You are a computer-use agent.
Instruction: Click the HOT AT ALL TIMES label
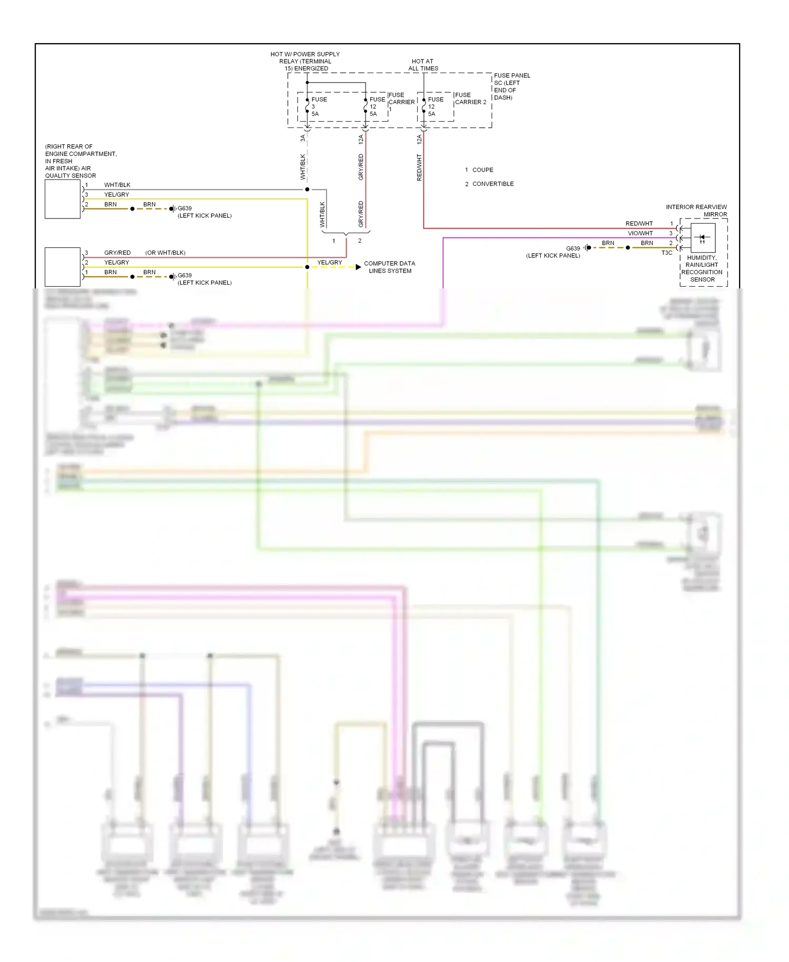(x=423, y=65)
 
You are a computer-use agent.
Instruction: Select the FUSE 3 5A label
(x=318, y=106)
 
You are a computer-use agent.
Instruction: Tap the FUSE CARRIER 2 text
(x=470, y=98)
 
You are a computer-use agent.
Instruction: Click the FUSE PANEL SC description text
(x=511, y=86)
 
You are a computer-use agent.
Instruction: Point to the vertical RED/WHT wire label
(x=419, y=167)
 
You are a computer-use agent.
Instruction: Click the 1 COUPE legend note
(x=479, y=170)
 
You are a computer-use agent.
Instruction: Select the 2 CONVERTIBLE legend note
(x=489, y=184)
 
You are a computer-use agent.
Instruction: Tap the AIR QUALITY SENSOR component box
(x=63, y=199)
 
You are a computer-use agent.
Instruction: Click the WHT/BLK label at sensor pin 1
(x=117, y=185)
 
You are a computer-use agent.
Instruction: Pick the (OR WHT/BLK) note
(x=165, y=253)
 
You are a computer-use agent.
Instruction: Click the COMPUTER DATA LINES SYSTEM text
(x=390, y=267)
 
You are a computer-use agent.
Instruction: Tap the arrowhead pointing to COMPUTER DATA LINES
(x=358, y=267)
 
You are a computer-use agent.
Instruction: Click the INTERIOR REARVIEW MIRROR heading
(x=696, y=211)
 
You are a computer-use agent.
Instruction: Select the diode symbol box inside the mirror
(x=703, y=237)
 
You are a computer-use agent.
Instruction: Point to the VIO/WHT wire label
(x=640, y=233)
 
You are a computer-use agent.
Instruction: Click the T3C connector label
(x=666, y=253)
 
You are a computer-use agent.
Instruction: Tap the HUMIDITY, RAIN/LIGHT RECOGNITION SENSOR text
(x=702, y=269)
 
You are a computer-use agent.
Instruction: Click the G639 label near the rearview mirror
(x=573, y=248)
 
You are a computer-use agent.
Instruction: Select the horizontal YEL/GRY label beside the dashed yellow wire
(x=329, y=262)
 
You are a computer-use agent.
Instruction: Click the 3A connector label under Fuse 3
(x=302, y=138)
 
